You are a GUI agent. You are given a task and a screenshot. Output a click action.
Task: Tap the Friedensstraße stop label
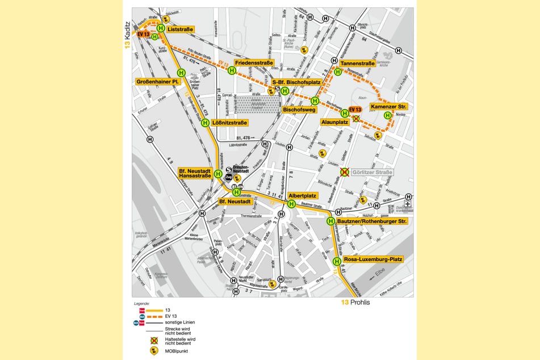pos(254,62)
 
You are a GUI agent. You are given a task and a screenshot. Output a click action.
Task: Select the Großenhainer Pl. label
pos(158,82)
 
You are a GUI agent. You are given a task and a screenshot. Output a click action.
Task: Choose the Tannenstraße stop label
pos(358,64)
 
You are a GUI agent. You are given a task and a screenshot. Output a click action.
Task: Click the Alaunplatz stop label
pos(335,122)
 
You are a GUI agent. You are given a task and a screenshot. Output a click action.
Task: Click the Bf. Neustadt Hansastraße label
pos(194,174)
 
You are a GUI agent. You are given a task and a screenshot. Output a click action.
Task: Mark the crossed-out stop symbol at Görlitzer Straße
pos(344,172)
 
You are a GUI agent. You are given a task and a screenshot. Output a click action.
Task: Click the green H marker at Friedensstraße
pos(232,71)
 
